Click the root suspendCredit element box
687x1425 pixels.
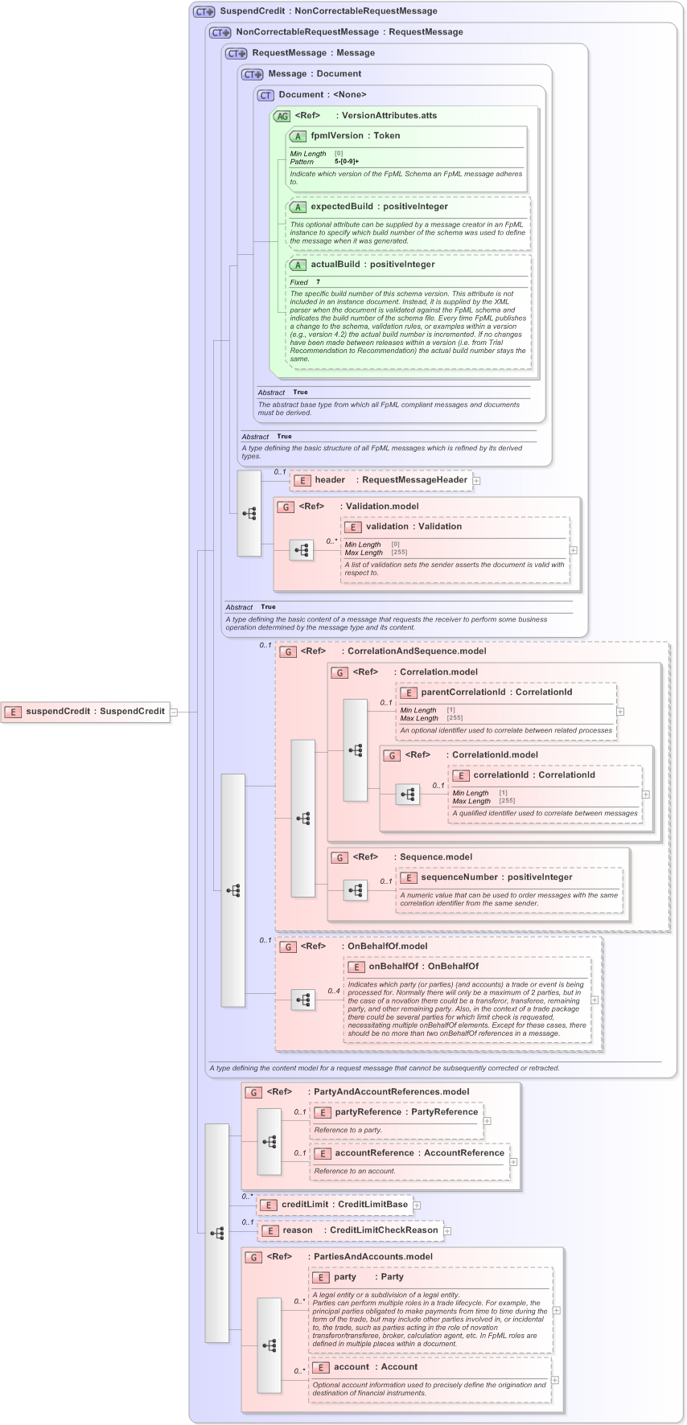86,711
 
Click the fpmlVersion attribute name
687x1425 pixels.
336,136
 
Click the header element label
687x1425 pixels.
329,480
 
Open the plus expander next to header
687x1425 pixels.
477,481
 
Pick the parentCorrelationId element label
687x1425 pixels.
463,692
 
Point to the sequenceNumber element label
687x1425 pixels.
456,877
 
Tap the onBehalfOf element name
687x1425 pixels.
393,967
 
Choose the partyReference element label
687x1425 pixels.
368,1112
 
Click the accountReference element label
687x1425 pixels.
374,1153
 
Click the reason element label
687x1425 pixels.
297,1230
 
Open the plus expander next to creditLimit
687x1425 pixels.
417,1205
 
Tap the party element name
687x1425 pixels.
345,1277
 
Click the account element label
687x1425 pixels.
352,1367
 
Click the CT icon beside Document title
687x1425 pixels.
265,95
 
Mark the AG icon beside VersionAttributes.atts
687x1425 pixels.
282,116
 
